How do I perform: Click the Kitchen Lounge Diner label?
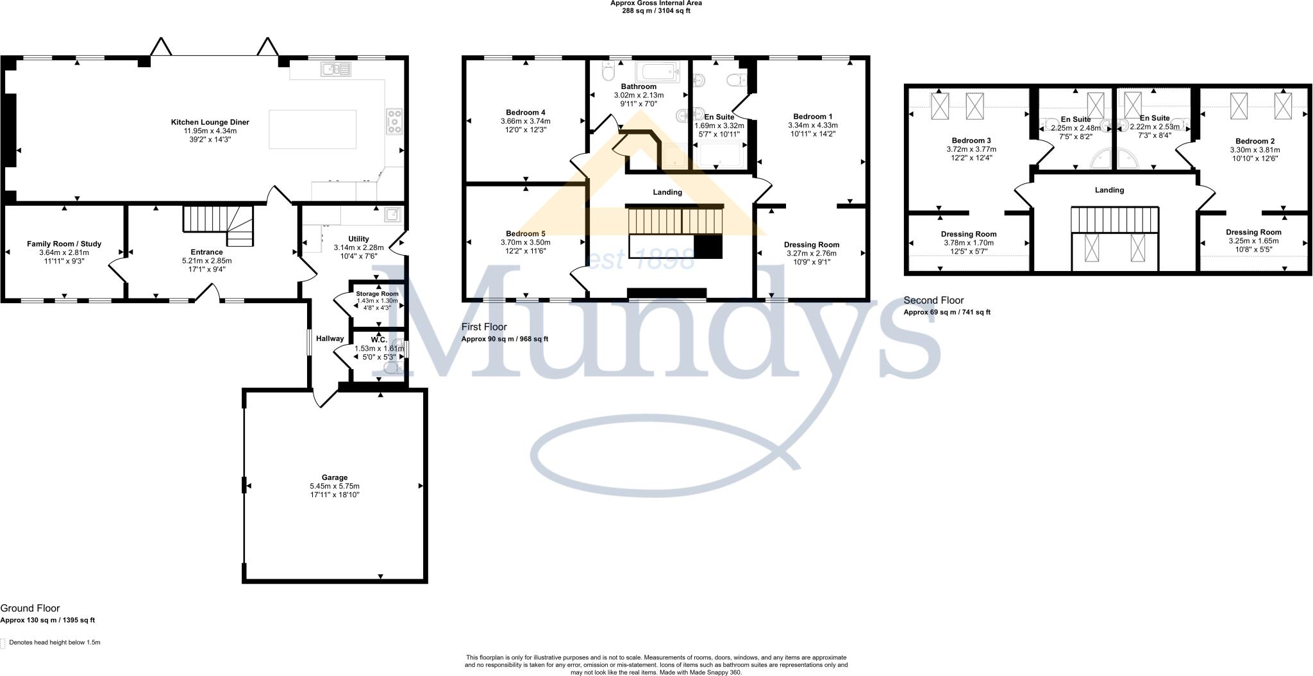point(210,122)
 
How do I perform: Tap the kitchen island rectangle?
point(312,129)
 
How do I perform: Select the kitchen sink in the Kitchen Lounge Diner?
point(337,69)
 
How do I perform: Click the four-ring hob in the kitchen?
point(394,122)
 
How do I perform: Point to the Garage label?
point(334,477)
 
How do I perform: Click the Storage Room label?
point(377,294)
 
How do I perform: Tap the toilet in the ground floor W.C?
point(391,367)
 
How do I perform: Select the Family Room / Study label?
point(64,243)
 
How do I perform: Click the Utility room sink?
point(392,214)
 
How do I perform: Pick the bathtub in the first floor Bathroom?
point(657,72)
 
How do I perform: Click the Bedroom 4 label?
point(525,113)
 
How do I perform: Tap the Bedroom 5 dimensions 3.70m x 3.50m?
point(525,243)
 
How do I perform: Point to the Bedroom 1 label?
point(812,117)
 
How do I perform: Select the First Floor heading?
point(484,327)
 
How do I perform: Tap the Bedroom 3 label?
point(971,141)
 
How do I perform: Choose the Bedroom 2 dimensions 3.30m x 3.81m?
point(1254,150)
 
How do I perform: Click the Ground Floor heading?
point(30,608)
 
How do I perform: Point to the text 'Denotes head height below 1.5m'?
point(54,642)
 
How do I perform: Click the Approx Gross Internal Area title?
point(656,3)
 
